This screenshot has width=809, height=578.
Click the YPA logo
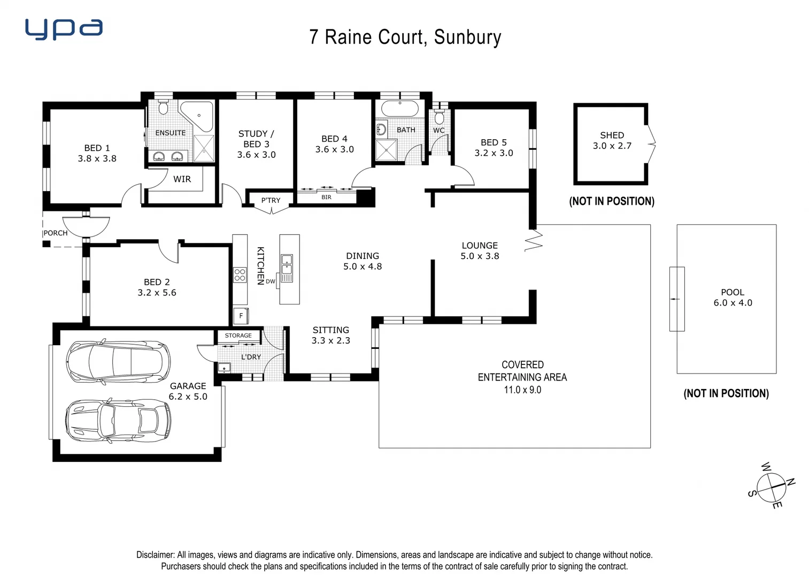tap(64, 29)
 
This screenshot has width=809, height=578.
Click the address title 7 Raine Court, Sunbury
tap(405, 37)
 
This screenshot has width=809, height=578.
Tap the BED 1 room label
tap(97, 148)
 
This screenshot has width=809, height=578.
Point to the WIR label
tap(182, 179)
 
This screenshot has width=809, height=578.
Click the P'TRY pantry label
tap(271, 200)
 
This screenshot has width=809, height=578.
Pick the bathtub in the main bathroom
tap(399, 109)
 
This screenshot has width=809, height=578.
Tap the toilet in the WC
tap(439, 117)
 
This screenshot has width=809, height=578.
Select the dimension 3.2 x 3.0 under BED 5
tap(494, 153)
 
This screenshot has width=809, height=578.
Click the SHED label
tap(612, 135)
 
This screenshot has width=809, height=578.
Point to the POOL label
tap(732, 292)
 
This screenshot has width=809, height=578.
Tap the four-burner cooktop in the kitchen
tap(240, 275)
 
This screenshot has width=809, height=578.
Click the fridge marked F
tap(241, 316)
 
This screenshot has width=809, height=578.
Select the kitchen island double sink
tap(287, 268)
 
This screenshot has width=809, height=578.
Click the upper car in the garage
tap(118, 361)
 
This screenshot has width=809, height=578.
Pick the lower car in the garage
tap(118, 421)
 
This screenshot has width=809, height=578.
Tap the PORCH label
tap(56, 233)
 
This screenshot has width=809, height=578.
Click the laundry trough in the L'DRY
tap(224, 367)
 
